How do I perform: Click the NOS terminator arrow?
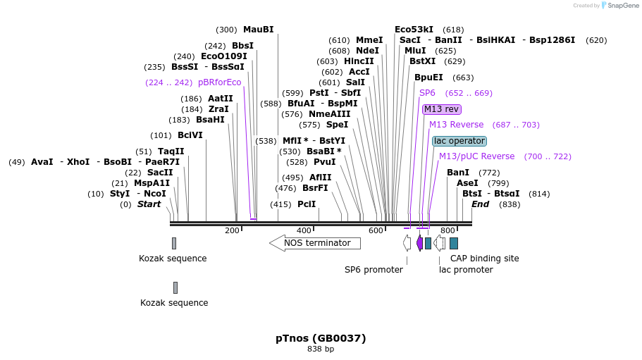point(315,243)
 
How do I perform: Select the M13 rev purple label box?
point(442,109)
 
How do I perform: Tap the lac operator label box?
point(459,141)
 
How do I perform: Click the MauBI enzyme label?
point(258,30)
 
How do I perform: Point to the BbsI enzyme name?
point(242,46)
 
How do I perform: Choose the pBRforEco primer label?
point(219,82)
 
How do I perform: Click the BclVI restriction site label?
point(190,135)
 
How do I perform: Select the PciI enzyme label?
point(307,204)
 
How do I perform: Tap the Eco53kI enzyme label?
point(414,30)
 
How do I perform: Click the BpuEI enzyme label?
point(428,77)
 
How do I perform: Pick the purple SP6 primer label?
point(427,93)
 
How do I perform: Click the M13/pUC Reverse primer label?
point(476,156)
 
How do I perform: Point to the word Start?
point(149,204)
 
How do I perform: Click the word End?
point(480,204)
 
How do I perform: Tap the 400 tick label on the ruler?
point(304,230)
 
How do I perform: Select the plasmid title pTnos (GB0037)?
point(321,338)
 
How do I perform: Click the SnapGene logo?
point(619,6)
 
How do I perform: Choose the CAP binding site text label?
point(484,259)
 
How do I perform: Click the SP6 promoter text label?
point(374,270)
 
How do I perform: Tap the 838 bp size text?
point(321,349)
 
